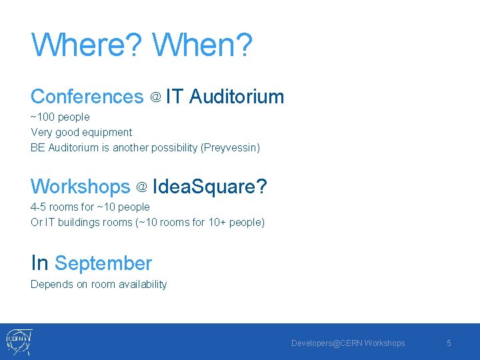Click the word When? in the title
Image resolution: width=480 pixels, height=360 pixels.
pyautogui.click(x=203, y=45)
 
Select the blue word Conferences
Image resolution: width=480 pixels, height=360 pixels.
pyautogui.click(x=87, y=97)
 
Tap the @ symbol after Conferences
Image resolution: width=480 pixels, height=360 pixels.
pyautogui.click(x=155, y=98)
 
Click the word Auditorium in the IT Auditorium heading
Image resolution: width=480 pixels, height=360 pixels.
pyautogui.click(x=237, y=97)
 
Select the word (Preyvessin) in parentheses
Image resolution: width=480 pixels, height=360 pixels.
pyautogui.click(x=230, y=147)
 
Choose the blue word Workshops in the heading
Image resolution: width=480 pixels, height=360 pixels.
pyautogui.click(x=81, y=187)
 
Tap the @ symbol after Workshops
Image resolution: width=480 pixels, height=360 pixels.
pyautogui.click(x=141, y=188)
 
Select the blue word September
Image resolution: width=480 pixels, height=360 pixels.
pyautogui.click(x=103, y=264)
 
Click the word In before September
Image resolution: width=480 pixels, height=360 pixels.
pyautogui.click(x=39, y=263)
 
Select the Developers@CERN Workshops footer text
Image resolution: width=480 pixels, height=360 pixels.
pyautogui.click(x=347, y=343)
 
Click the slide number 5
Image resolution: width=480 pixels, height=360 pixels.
pyautogui.click(x=449, y=343)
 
